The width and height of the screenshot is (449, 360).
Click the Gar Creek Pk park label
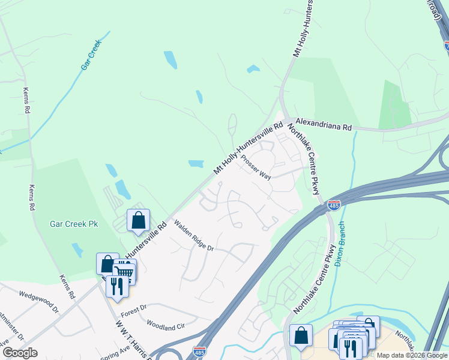pyautogui.click(x=73, y=224)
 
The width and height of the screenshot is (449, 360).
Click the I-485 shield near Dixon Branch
pyautogui.click(x=334, y=205)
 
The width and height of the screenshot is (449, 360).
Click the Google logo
pyautogui.click(x=20, y=353)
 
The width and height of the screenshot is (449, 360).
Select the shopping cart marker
pyautogui.click(x=124, y=272)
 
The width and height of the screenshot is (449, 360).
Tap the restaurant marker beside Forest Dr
pyautogui.click(x=116, y=286)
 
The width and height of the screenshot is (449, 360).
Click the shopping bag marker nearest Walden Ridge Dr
pyautogui.click(x=138, y=220)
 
